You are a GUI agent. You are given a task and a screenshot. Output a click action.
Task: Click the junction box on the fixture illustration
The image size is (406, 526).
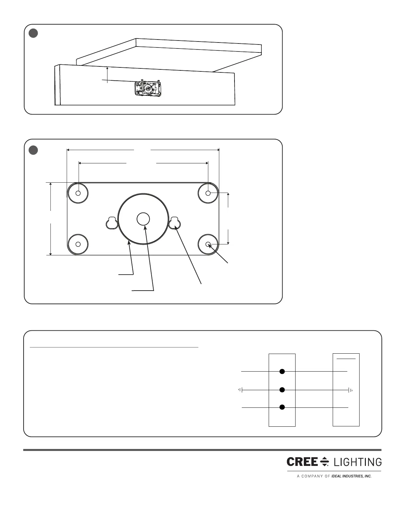(148, 89)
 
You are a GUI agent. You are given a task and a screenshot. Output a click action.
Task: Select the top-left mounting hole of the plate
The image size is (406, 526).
(78, 193)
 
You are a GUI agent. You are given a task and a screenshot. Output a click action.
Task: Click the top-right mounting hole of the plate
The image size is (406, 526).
(208, 193)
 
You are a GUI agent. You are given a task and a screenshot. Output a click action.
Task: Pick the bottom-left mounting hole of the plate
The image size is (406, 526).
(78, 244)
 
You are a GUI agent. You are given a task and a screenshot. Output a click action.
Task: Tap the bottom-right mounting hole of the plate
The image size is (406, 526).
(208, 244)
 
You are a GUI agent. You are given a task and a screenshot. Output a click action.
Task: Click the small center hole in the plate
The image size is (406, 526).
(143, 219)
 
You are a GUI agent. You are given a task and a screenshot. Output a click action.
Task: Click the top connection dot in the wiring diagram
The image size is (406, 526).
(282, 371)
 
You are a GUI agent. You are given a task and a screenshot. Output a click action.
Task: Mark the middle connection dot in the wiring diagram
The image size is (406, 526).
(282, 390)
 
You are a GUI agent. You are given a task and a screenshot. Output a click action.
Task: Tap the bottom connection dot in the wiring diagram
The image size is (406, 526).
(282, 407)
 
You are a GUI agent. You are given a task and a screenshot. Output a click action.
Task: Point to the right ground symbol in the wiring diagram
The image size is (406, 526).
(350, 390)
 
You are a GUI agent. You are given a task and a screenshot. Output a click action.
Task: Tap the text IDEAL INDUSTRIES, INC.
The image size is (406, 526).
(352, 476)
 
